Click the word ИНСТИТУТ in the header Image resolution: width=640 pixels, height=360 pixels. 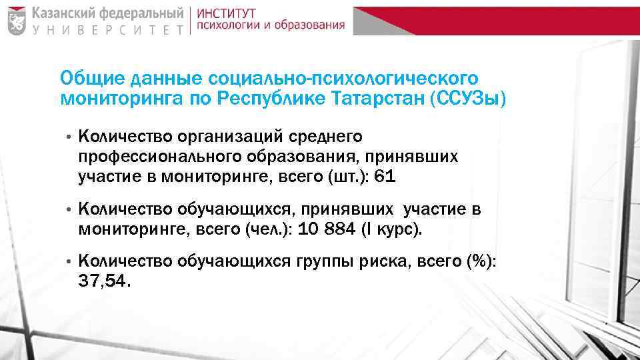pos(227,13)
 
